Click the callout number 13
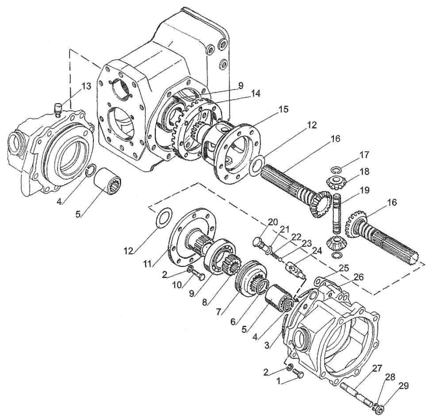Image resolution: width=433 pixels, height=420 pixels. click(86, 87)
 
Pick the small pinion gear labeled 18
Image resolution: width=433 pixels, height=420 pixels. click(336, 183)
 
